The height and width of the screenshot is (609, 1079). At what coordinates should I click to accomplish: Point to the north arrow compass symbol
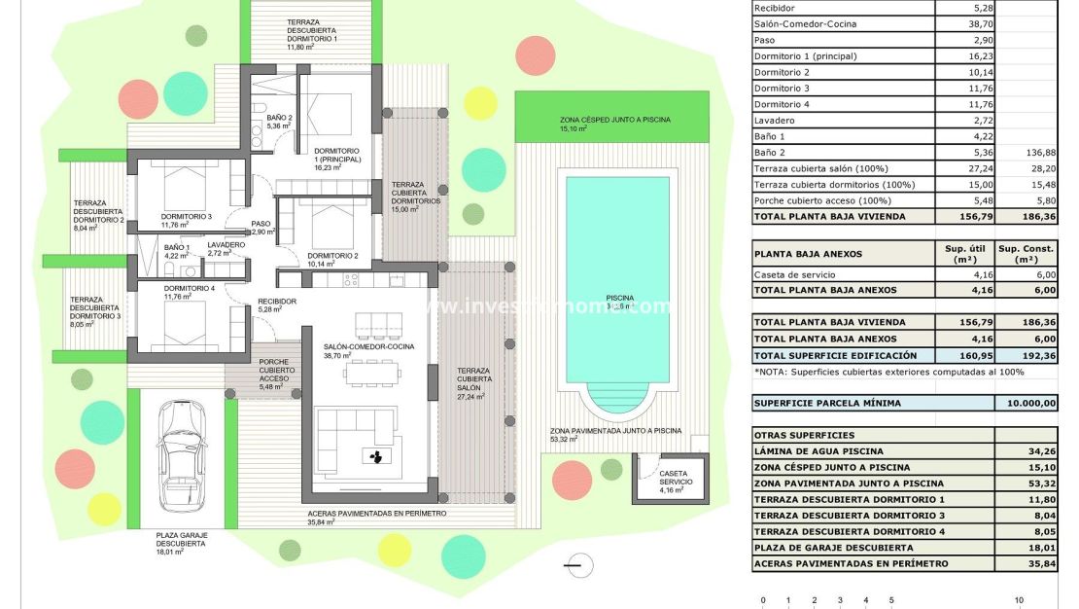coord(578,563)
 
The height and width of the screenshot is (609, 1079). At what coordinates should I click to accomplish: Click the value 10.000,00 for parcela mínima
coord(1027,403)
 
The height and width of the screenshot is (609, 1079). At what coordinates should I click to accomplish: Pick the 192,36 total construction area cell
coord(1027,355)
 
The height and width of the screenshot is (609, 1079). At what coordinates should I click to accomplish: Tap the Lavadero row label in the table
coord(776,120)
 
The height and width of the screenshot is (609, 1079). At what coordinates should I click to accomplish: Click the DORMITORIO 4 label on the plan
coord(189,289)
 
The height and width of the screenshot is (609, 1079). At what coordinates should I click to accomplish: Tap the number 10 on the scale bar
coord(1019,600)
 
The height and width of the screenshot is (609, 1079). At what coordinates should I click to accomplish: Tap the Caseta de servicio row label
coord(792,274)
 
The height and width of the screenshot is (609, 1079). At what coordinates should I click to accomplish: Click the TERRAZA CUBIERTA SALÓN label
coord(473,383)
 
